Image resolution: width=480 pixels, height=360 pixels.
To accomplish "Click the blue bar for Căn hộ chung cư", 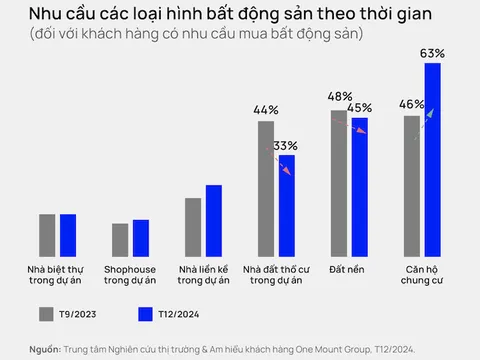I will (x=432, y=160).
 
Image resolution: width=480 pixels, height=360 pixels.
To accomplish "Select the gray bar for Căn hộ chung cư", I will (x=411, y=186).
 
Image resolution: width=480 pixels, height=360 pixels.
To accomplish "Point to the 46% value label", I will (x=411, y=103).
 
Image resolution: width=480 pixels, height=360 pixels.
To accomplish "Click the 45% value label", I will (x=360, y=107).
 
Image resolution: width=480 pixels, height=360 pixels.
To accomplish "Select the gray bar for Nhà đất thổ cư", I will (x=265, y=189).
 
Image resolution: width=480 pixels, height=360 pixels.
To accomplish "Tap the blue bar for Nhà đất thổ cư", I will (x=286, y=206).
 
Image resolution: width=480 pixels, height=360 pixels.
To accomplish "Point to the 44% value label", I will (x=265, y=109).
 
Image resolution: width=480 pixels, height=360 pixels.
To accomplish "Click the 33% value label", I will (x=286, y=144).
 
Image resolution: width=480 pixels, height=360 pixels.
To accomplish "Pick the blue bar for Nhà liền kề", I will (x=214, y=221).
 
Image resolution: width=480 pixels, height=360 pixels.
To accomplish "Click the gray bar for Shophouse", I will (x=120, y=240).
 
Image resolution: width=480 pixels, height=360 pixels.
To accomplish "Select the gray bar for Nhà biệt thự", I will (x=47, y=235).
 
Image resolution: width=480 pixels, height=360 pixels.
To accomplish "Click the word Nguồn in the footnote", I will (x=44, y=349).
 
